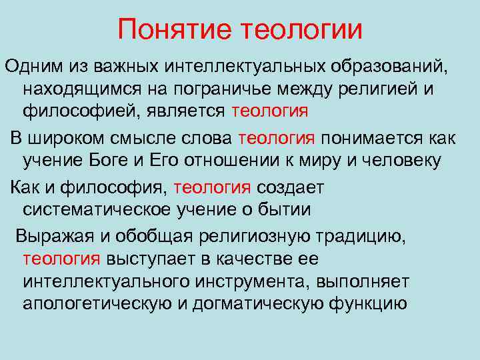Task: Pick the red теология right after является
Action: (x=270, y=111)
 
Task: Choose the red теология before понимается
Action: (x=276, y=138)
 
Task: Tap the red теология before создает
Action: (x=211, y=188)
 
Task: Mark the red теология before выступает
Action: (x=61, y=259)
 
